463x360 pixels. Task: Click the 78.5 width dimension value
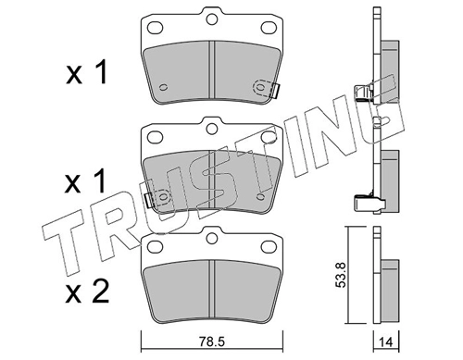[x=212, y=341]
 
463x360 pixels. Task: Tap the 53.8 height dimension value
[x=341, y=275]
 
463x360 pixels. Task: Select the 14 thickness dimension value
[x=386, y=342]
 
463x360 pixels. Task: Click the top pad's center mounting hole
[x=211, y=19]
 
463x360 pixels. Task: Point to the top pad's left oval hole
[x=155, y=28]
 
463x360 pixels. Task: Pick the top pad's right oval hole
[x=268, y=28]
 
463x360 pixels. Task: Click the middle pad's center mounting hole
[x=211, y=129]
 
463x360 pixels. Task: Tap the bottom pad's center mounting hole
[x=211, y=238]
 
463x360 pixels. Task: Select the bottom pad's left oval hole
[x=155, y=246]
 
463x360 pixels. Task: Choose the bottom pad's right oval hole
[x=268, y=246]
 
